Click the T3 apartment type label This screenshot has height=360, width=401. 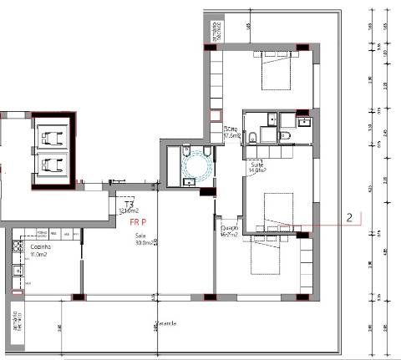tap(129, 204)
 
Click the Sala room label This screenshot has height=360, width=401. tap(140, 236)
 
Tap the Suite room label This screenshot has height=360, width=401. tap(257, 165)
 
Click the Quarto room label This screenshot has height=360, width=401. tap(229, 227)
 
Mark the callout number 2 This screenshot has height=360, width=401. tap(351, 216)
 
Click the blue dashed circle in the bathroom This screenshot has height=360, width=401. tap(199, 164)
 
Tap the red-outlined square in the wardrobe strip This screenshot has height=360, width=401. tap(215, 117)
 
